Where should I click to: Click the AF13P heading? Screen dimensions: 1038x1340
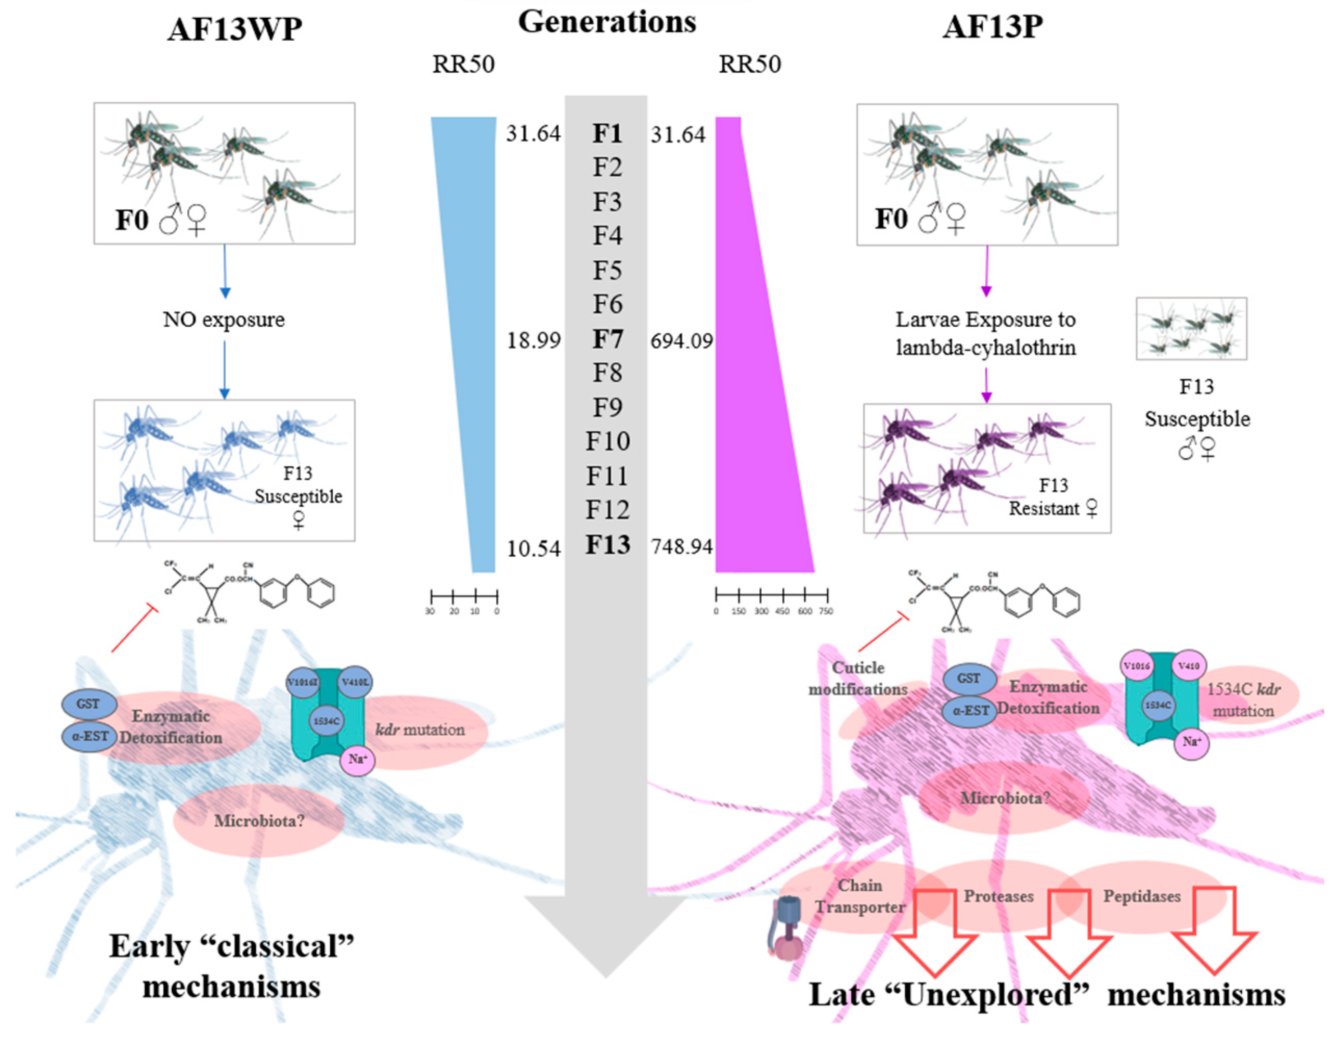tap(992, 27)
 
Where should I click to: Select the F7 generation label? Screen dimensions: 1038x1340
tap(607, 339)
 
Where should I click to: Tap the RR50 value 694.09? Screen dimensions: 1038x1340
tap(681, 341)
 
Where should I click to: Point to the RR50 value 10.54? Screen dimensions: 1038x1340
tap(533, 548)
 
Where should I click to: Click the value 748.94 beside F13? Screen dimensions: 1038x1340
tap(681, 546)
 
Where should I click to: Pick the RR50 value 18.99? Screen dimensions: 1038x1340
tap(533, 340)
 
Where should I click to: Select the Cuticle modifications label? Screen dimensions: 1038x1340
tap(858, 678)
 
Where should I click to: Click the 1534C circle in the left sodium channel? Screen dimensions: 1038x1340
tap(327, 721)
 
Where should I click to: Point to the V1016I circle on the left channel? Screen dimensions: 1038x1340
tap(303, 682)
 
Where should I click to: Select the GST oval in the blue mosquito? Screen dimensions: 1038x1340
tap(88, 704)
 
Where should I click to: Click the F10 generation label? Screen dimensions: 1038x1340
tap(607, 441)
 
